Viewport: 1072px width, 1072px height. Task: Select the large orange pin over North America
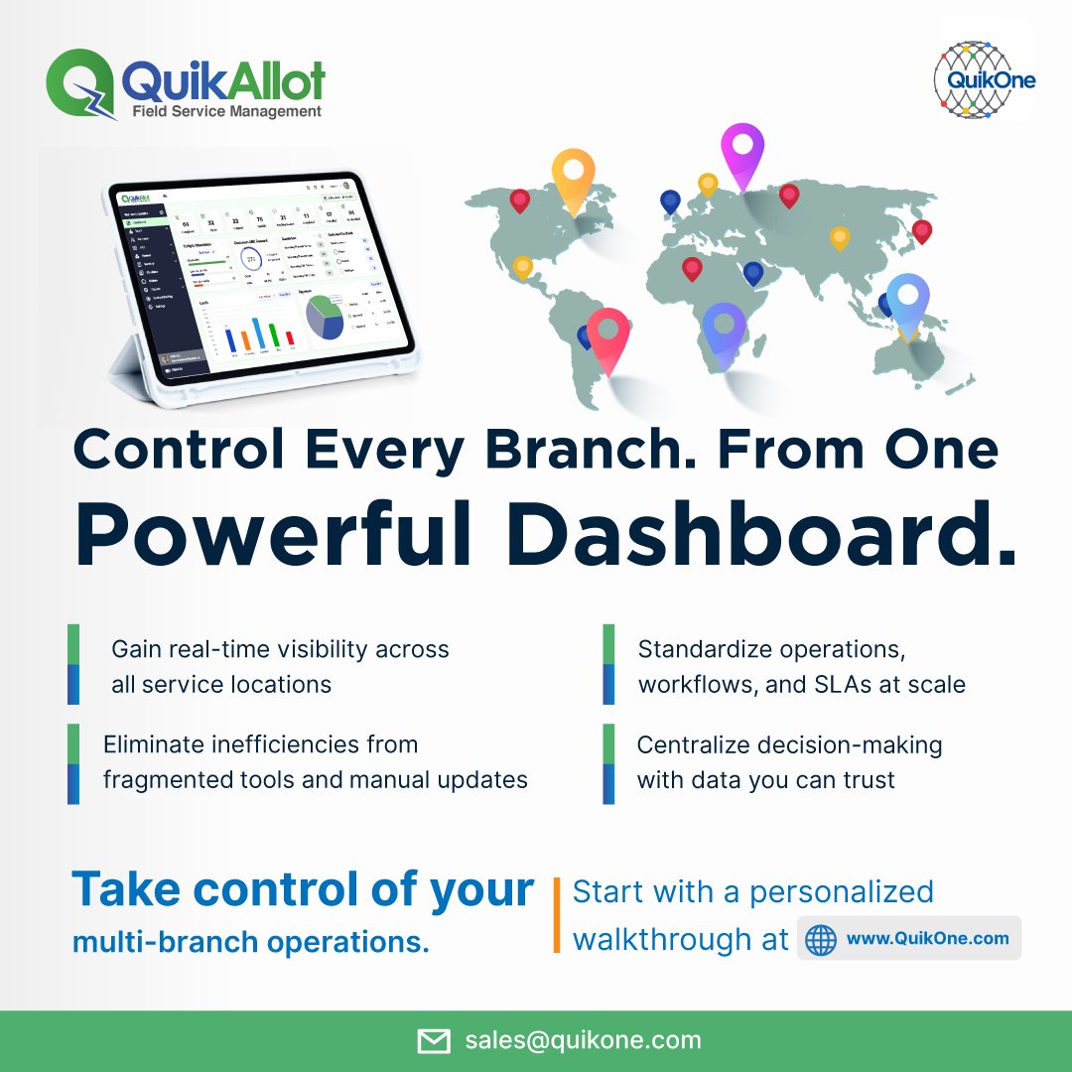pos(573,176)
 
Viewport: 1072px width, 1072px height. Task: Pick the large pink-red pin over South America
pos(607,335)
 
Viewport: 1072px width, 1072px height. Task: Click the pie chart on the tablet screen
pos(325,318)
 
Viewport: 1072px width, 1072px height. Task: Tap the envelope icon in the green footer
pos(434,1041)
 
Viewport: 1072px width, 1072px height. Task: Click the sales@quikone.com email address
pos(583,1040)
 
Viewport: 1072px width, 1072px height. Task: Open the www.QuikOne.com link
pos(927,938)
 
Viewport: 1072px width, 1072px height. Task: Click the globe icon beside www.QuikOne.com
pos(821,939)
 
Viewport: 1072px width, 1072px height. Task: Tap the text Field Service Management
pos(226,111)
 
